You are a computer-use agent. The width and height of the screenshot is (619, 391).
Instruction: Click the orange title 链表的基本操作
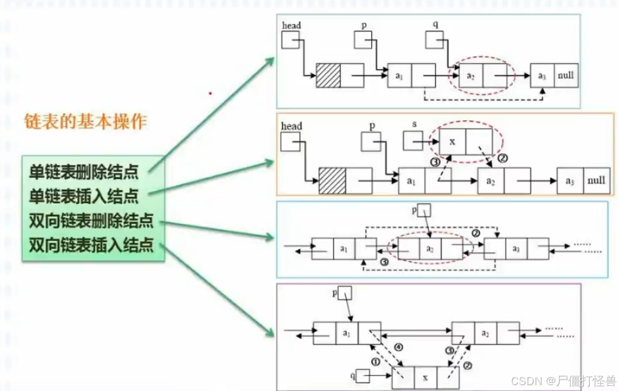85,122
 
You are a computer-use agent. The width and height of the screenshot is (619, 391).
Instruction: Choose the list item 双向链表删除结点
91,221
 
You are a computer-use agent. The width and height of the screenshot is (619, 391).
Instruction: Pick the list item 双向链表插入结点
91,244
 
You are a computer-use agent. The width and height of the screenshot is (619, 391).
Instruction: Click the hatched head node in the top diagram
328,75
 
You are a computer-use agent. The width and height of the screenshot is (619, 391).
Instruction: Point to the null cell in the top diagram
566,76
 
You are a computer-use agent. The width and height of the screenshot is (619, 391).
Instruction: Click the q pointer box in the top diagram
434,39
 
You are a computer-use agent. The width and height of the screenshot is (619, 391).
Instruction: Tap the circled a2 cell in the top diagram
471,76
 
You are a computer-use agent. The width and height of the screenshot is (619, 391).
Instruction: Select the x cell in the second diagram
453,141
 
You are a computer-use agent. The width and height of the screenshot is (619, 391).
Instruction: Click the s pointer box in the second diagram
413,140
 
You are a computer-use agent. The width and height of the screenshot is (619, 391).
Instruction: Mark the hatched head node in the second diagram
332,181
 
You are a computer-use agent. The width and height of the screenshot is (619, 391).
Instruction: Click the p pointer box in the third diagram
425,210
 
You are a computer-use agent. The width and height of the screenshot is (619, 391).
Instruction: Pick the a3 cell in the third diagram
516,249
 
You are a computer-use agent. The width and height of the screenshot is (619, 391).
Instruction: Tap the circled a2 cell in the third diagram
430,249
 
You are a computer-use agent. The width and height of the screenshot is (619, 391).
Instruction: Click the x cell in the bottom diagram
425,377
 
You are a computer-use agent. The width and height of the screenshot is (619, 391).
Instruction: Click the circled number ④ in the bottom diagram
398,347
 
